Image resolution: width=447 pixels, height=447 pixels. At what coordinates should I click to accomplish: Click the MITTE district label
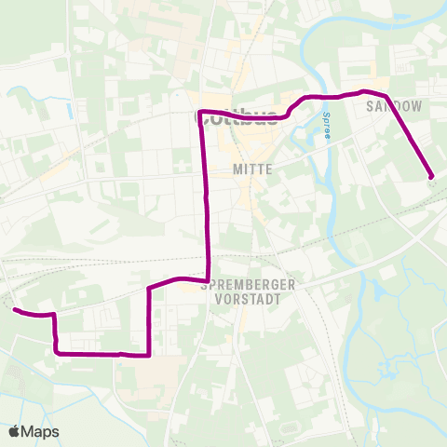253,170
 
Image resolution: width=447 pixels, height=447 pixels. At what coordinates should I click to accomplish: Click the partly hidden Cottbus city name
237,118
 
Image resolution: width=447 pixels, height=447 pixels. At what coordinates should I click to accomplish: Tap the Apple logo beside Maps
14,431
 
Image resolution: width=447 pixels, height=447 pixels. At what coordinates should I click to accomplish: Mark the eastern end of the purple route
431,175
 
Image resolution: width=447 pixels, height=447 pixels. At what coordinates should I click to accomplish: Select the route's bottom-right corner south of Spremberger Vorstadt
149,354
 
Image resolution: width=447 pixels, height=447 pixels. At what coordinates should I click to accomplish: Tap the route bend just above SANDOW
365,91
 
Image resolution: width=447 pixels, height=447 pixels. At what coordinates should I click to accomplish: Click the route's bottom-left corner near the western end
57,352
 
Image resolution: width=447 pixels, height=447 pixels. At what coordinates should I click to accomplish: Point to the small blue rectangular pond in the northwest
70,110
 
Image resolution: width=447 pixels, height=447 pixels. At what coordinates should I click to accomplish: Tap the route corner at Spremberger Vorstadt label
208,278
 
